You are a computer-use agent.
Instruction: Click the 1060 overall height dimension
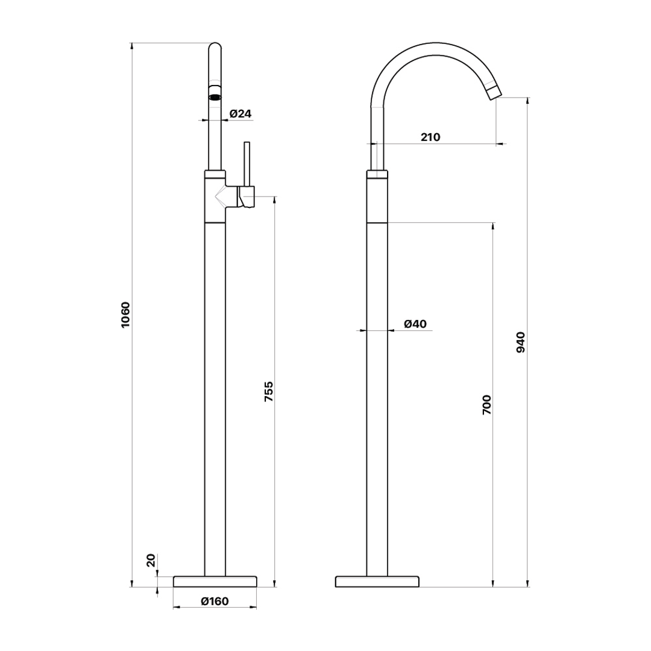pyautogui.click(x=125, y=314)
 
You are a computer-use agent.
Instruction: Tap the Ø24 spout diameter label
pyautogui.click(x=241, y=113)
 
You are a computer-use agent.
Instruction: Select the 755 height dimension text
pyautogui.click(x=269, y=391)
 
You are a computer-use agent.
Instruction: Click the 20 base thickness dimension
pyautogui.click(x=151, y=561)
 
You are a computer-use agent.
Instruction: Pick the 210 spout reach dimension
pyautogui.click(x=430, y=137)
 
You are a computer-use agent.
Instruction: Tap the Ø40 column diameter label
pyautogui.click(x=415, y=324)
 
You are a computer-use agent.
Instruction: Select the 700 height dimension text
pyautogui.click(x=486, y=405)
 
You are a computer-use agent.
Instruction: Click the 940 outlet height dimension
pyautogui.click(x=520, y=342)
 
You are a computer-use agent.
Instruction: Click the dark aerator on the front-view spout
pyautogui.click(x=215, y=98)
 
